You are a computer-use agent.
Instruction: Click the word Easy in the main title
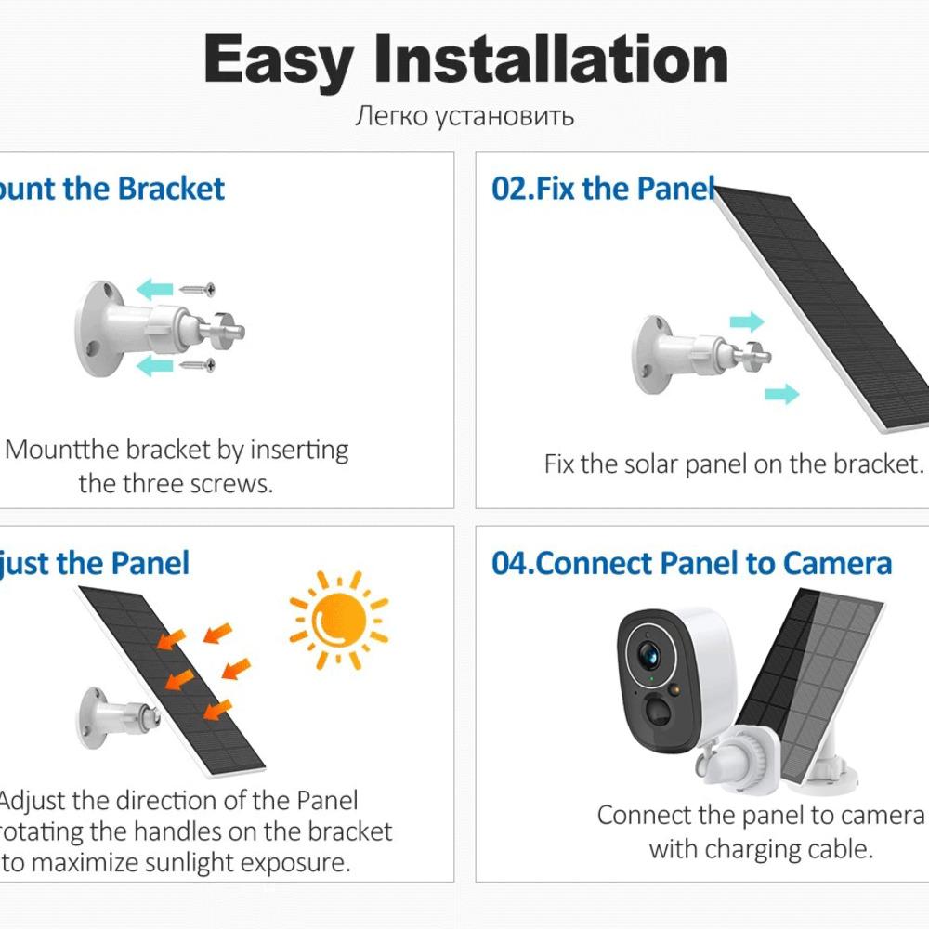(x=278, y=60)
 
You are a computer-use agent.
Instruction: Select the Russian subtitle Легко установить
(x=464, y=116)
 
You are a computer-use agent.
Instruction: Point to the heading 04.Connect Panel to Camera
(x=691, y=563)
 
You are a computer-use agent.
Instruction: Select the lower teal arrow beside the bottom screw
(x=154, y=366)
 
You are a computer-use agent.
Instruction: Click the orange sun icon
(x=338, y=619)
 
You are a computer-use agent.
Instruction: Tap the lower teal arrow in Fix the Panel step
(x=781, y=394)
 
